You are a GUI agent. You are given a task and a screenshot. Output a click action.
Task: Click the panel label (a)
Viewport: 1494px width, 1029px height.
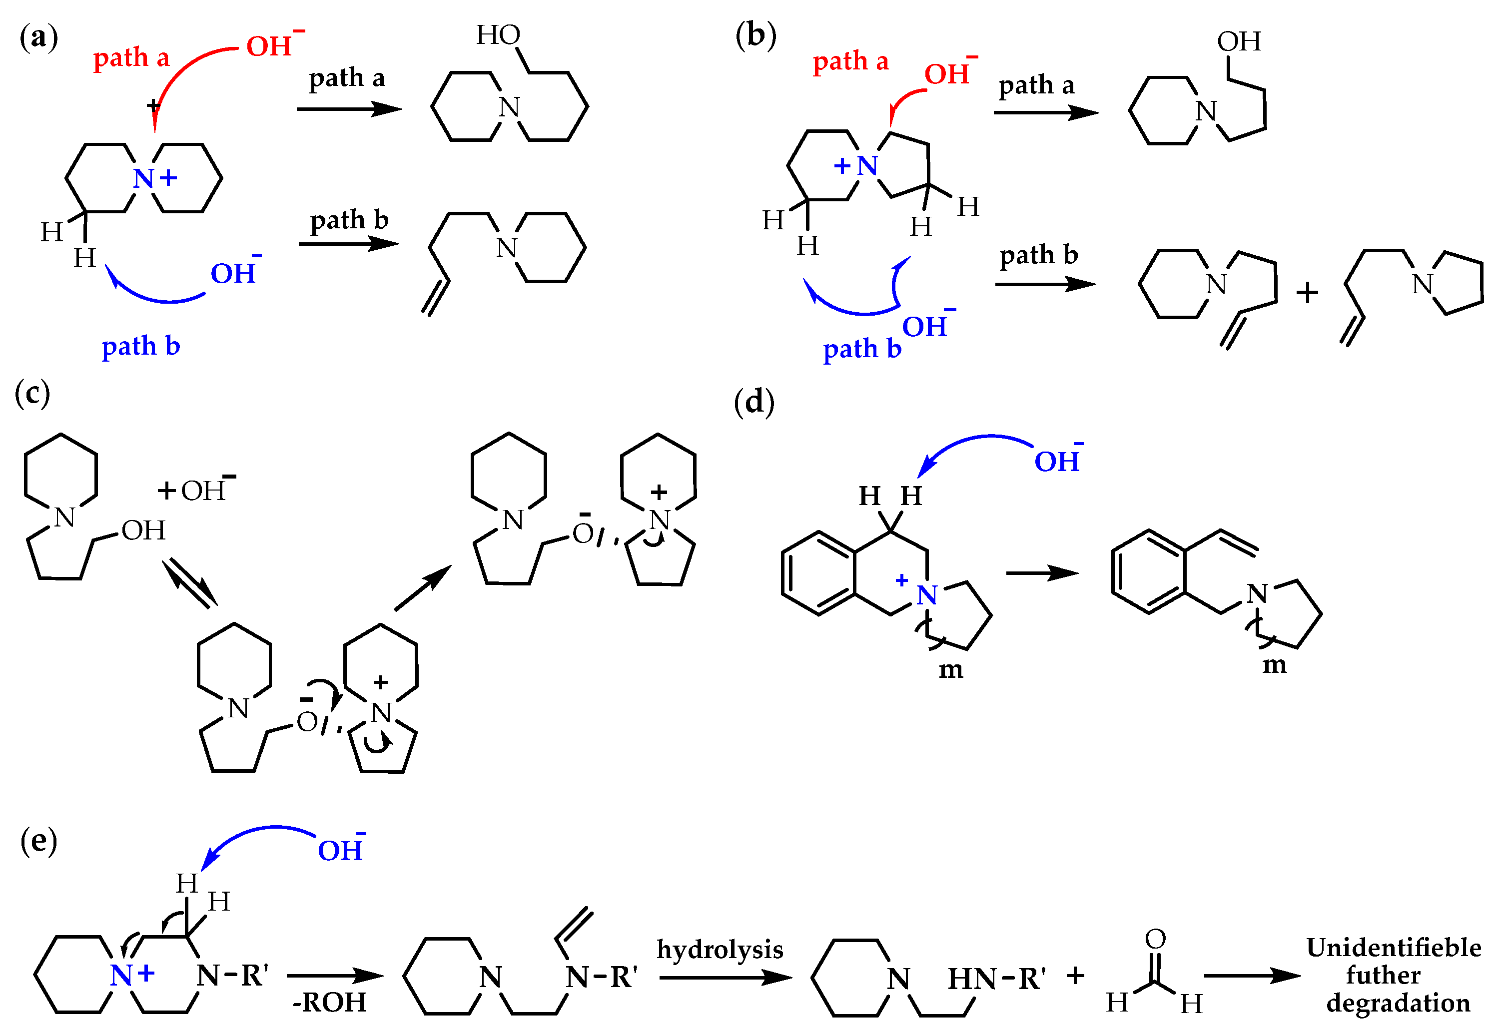[38, 37]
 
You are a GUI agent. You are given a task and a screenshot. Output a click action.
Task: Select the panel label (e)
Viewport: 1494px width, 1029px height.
[38, 841]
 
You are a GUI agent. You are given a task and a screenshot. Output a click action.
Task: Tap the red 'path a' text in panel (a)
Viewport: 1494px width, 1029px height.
[131, 58]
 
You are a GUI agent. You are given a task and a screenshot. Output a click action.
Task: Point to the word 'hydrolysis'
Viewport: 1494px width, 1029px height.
[720, 949]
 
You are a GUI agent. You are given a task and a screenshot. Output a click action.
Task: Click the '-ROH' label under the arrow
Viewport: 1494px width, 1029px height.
[329, 1003]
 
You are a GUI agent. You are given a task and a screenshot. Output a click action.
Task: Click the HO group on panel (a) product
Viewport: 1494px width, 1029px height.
[498, 35]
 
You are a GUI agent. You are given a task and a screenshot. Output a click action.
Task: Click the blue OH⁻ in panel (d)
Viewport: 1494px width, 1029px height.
[1057, 461]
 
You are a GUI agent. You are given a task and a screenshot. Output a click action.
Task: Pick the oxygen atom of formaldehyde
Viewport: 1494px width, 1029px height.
[1155, 940]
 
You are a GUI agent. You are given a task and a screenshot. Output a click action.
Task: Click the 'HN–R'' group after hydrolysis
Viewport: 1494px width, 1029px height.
[996, 979]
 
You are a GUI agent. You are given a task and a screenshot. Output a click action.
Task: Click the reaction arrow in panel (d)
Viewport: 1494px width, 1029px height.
[1041, 572]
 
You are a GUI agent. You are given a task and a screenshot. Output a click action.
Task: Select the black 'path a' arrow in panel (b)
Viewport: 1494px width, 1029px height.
[1045, 113]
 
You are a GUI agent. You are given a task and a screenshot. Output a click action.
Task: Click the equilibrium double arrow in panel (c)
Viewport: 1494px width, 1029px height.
[189, 583]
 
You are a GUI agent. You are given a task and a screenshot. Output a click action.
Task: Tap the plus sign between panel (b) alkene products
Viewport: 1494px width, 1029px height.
[1307, 293]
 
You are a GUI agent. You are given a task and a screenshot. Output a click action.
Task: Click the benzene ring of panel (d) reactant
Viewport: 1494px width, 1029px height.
[818, 573]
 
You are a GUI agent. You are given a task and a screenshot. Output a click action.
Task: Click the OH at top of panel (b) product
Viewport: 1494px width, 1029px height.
[1239, 42]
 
